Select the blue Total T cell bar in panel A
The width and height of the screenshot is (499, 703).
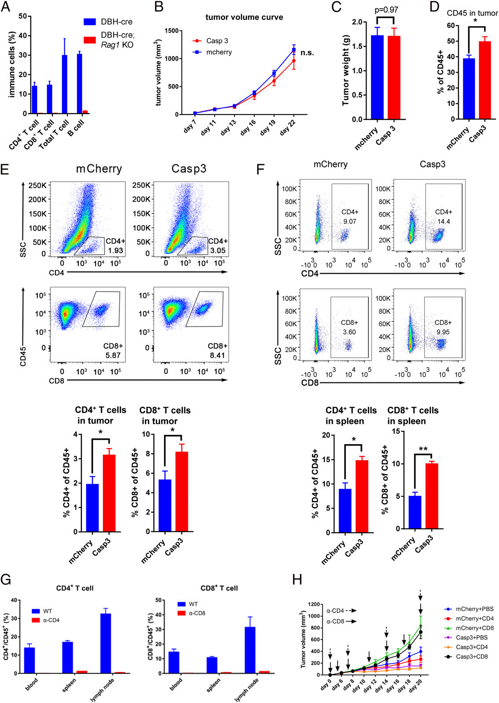[x=65, y=84]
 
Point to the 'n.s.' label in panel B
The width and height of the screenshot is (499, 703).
[x=307, y=53]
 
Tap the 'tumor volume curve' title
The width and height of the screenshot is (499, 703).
[x=244, y=18]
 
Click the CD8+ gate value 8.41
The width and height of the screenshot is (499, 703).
[x=217, y=355]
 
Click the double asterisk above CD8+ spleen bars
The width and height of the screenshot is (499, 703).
[x=423, y=449]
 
